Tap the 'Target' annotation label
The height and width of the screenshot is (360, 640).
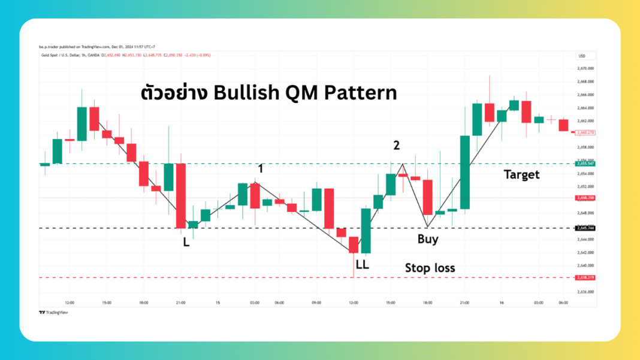click(x=521, y=174)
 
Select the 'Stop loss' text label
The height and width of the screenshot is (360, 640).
click(x=430, y=268)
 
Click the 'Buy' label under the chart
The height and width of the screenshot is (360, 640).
click(x=428, y=239)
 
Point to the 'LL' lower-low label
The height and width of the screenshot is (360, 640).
click(x=362, y=264)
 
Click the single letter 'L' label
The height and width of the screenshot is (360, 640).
click(x=186, y=243)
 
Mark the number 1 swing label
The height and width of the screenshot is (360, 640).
click(x=261, y=169)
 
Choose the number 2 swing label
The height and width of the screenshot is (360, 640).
click(x=396, y=145)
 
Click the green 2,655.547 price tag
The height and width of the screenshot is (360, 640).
click(x=585, y=164)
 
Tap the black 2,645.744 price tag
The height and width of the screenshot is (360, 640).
click(x=585, y=228)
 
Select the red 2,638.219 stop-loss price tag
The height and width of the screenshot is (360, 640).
click(x=585, y=278)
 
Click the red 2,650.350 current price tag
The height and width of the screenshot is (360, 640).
click(x=585, y=198)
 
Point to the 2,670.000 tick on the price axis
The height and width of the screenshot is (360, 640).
click(x=585, y=68)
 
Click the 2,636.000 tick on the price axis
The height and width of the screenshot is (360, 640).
click(x=585, y=292)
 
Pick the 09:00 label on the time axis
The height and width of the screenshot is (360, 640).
click(x=317, y=302)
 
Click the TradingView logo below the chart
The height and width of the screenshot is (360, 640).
click(x=53, y=312)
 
